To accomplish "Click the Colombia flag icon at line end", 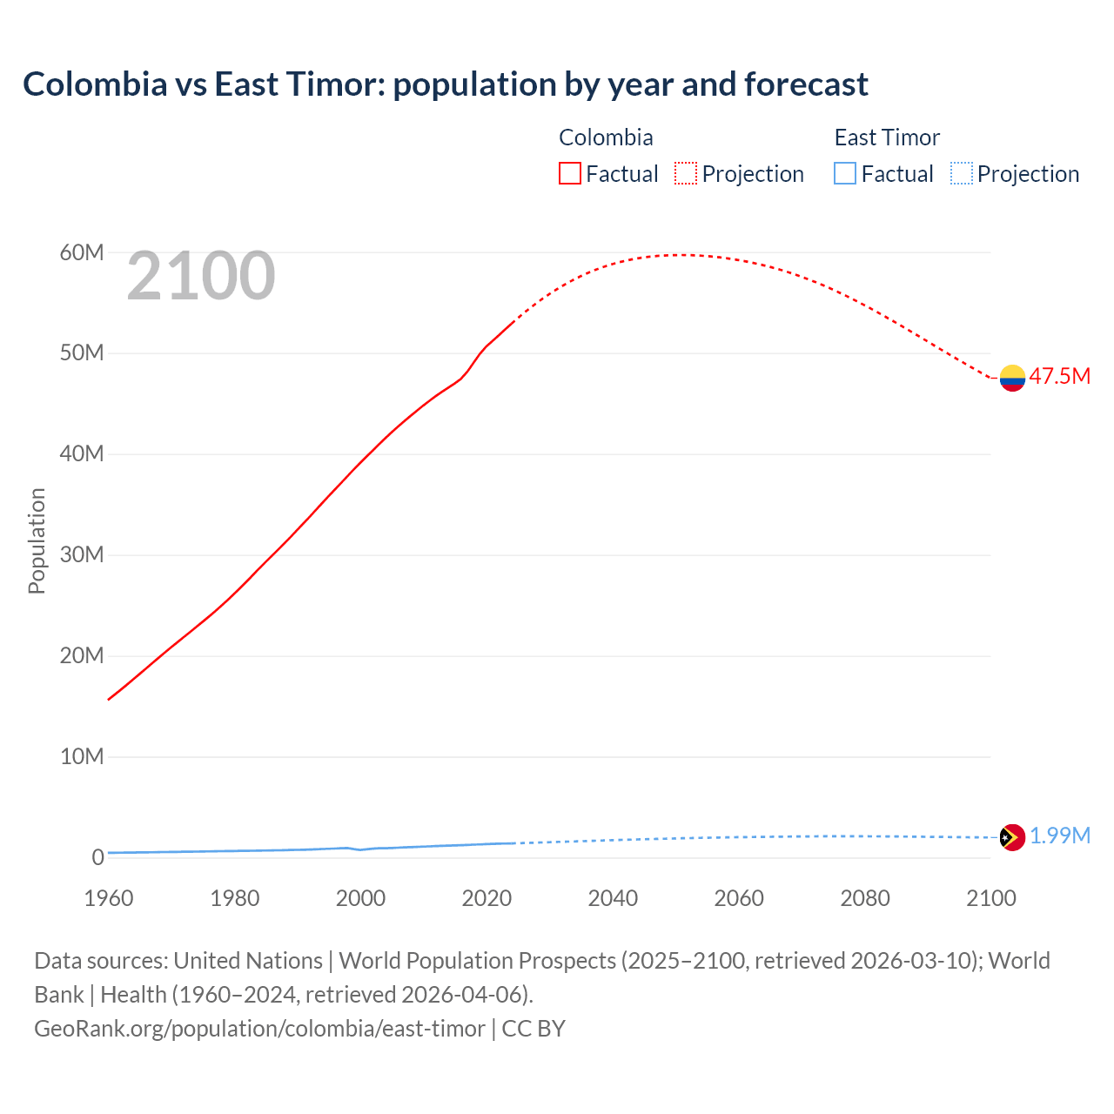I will point(1012,378).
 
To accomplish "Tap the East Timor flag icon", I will point(1012,837).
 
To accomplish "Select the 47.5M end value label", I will point(1059,376).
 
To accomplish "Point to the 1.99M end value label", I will point(1059,835).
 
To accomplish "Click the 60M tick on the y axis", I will point(82,252).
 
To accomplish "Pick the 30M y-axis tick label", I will point(82,554).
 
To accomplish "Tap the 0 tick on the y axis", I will point(97,857).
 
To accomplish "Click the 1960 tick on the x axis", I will point(109,898).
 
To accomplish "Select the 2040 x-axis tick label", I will point(613,898).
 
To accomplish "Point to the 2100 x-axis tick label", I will point(990,898).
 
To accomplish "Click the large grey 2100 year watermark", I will point(201,276).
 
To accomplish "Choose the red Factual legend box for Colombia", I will point(570,173).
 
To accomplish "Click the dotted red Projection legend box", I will point(686,173).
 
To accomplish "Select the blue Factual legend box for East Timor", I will point(845,173).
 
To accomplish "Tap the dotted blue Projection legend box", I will point(961,173).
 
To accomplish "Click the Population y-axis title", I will point(37,540).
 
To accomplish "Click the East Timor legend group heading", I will point(887,138).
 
